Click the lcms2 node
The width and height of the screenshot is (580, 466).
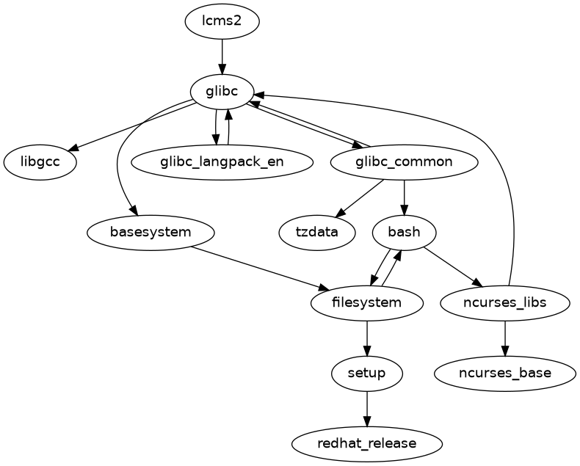tap(222, 21)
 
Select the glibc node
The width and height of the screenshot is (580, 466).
tap(222, 91)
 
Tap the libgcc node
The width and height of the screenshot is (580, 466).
tap(40, 161)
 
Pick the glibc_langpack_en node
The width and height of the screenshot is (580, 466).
tap(222, 161)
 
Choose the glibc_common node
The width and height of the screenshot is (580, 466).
tap(405, 161)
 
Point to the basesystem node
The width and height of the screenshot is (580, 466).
tap(151, 232)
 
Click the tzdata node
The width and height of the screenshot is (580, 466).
tap(318, 232)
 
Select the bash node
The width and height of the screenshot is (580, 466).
tap(405, 232)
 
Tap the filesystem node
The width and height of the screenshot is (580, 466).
tap(367, 302)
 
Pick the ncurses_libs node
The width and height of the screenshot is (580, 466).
tap(505, 302)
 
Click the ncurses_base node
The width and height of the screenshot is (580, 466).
tap(505, 373)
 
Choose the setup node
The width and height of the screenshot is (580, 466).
tap(367, 373)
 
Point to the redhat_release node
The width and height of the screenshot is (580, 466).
tap(367, 443)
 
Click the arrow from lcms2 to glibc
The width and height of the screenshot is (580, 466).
tap(222, 56)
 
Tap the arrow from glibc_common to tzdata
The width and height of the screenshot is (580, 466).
tap(360, 197)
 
